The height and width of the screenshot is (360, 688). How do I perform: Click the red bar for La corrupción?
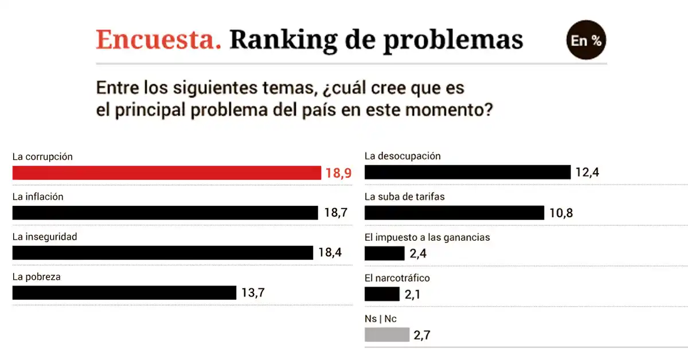tap(166, 173)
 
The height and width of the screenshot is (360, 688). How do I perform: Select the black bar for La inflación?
tap(165, 213)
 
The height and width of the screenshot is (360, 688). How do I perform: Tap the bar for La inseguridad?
tap(163, 253)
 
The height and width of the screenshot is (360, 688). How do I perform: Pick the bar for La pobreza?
tap(124, 293)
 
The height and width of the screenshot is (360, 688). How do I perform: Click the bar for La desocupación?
tap(467, 172)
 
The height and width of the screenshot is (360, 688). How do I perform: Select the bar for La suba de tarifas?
tap(454, 213)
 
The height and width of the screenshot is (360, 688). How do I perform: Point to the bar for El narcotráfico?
tap(382, 294)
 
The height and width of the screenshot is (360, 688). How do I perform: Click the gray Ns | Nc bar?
tap(387, 334)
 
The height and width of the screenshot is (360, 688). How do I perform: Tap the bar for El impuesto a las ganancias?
tap(384, 253)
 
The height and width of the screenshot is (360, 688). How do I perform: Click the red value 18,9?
tap(338, 173)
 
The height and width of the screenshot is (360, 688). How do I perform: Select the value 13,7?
tap(253, 293)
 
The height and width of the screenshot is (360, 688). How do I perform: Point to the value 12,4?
tap(587, 172)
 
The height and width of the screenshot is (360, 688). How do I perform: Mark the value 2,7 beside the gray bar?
tap(423, 334)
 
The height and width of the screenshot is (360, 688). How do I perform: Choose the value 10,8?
tap(561, 213)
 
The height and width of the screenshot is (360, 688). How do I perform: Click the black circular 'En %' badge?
tap(586, 41)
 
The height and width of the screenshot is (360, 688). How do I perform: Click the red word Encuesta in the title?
tap(158, 40)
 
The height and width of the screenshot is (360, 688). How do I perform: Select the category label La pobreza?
tap(37, 277)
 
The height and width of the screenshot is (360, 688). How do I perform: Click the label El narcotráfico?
tap(397, 278)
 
